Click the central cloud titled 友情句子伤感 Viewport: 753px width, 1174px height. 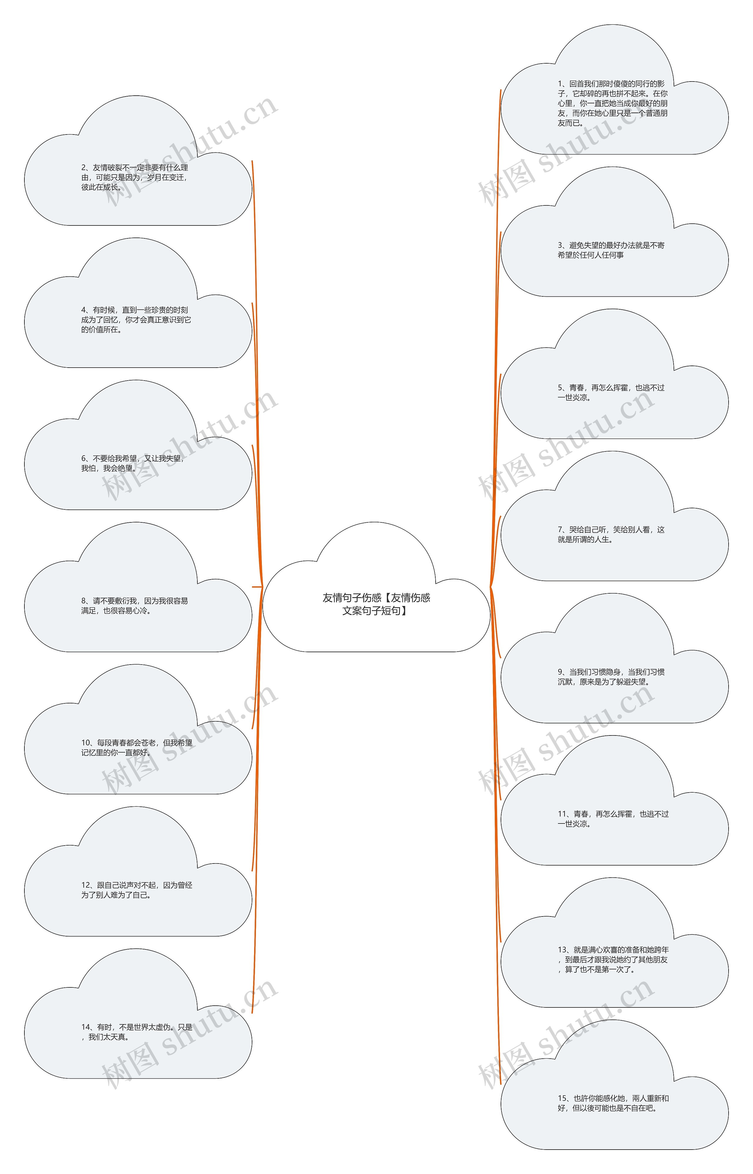pyautogui.click(x=376, y=587)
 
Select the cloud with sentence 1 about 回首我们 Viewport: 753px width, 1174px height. pyautogui.click(x=615, y=89)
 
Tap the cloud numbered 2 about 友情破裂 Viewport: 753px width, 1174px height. pyautogui.click(x=138, y=160)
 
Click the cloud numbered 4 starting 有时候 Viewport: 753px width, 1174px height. pyautogui.click(x=138, y=303)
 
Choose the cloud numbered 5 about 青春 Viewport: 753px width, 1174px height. pyautogui.click(x=615, y=374)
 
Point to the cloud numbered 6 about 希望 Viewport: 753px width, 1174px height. pyautogui.click(x=138, y=445)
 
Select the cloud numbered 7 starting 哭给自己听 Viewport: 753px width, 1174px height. pyautogui.click(x=615, y=516)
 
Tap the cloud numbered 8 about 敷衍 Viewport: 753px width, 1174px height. pyautogui.click(x=138, y=587)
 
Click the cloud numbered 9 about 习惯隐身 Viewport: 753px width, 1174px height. pyautogui.click(x=615, y=658)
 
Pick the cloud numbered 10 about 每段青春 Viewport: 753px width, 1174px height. pyautogui.click(x=138, y=729)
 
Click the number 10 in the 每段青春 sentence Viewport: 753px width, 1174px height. pyautogui.click(x=86, y=743)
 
